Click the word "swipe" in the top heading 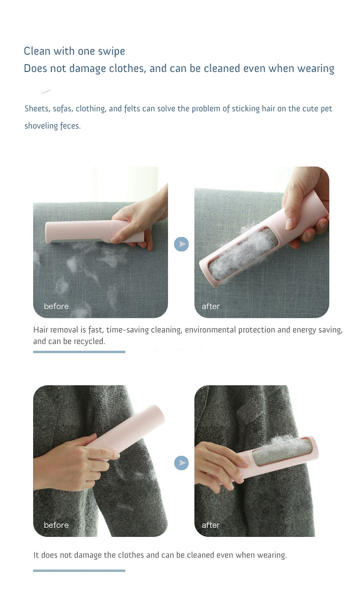point(111,51)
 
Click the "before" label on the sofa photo point(56,306)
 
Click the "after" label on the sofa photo point(211,306)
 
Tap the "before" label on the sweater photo point(56,525)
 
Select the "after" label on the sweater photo point(211,525)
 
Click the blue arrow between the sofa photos point(181,244)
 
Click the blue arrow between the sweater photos point(181,463)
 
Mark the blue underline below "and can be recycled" point(79,352)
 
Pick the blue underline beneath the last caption point(79,570)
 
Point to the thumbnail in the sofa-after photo point(289,224)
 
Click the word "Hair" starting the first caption point(41,330)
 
